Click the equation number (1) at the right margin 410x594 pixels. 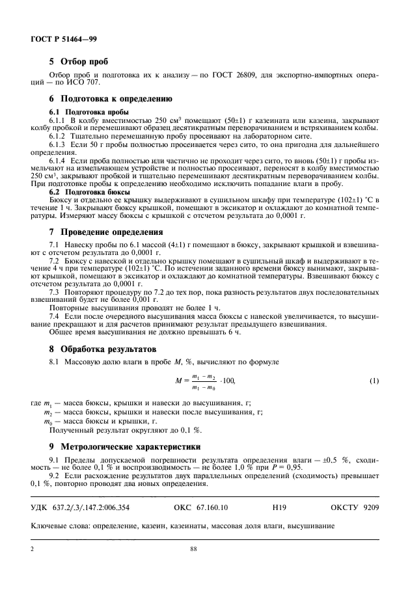click(x=374, y=381)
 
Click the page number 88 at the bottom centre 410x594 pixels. click(x=193, y=549)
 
